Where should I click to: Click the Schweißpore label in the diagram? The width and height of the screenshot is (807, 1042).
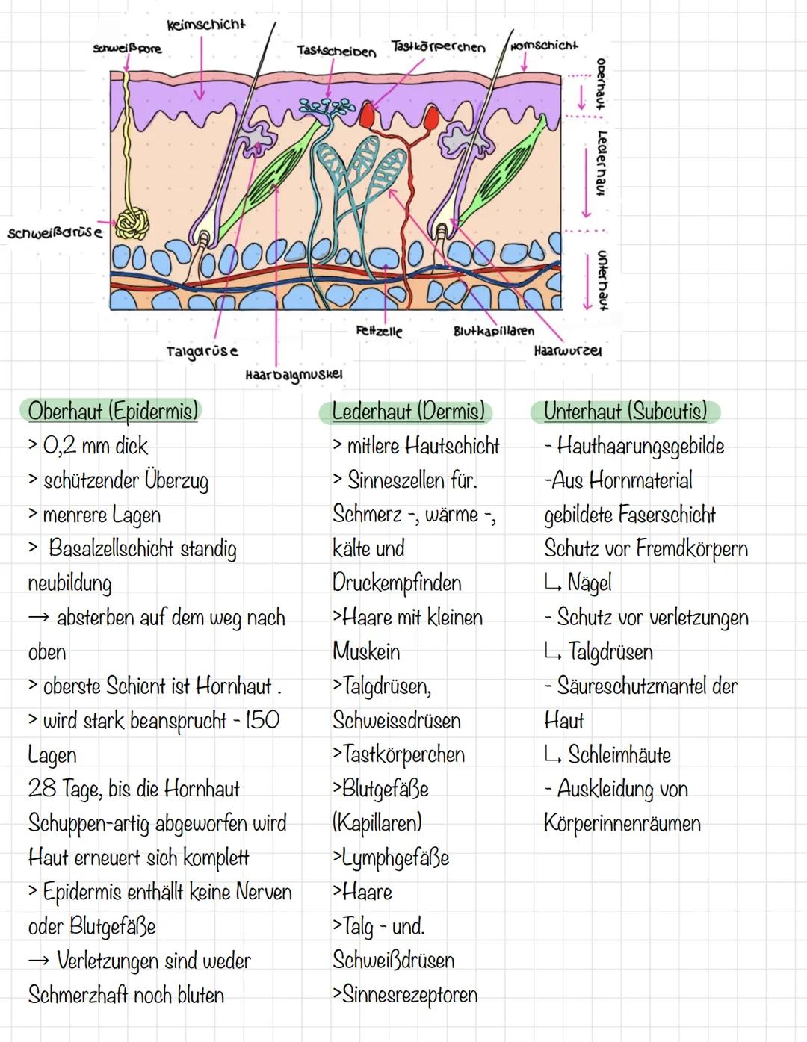[127, 49]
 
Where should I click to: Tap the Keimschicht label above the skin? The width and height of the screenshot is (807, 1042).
[205, 25]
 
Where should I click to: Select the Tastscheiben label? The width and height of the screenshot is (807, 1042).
[336, 51]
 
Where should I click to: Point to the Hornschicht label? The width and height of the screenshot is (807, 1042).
[544, 46]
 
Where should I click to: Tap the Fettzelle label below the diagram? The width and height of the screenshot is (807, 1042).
[379, 330]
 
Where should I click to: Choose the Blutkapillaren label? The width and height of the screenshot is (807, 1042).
[494, 330]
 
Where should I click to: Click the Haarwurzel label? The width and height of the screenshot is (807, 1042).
[568, 350]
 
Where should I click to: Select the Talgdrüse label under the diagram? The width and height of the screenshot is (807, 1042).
[202, 350]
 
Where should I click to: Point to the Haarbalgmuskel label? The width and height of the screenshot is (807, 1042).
[294, 373]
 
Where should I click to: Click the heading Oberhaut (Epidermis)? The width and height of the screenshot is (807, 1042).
[114, 411]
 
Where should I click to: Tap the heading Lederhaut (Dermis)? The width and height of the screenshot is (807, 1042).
[408, 411]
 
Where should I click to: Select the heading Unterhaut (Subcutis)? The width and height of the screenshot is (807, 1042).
[625, 411]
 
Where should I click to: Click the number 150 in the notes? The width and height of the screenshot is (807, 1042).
[262, 720]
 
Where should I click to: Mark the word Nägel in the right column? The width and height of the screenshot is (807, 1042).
[589, 583]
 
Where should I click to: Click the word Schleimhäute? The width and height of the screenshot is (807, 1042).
[619, 754]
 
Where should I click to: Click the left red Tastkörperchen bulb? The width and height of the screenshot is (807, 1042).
[367, 116]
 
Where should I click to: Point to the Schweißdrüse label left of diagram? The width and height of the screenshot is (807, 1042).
[55, 232]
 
